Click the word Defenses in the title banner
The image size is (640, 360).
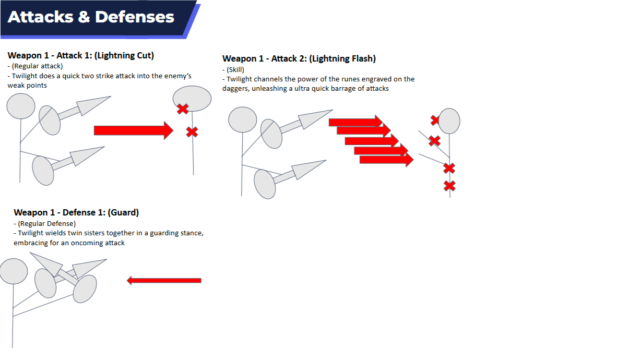pos(134,17)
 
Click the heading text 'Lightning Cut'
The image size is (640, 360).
pos(125,55)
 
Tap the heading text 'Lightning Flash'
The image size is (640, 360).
pos(342,59)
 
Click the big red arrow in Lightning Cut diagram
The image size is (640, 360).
pos(134,130)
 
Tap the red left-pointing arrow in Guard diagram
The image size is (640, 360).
pos(164,280)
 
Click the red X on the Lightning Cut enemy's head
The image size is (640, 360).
pos(183,109)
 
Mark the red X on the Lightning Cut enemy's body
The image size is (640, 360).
pos(192,132)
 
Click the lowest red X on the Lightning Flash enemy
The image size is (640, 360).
pos(449,186)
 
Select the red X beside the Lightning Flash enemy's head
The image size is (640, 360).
pos(434,120)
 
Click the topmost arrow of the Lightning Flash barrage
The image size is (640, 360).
pos(356,122)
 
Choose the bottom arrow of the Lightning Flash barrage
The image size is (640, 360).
pos(386,160)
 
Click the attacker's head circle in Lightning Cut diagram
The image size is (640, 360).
pos(21,106)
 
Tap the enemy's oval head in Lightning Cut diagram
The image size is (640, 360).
pos(192,99)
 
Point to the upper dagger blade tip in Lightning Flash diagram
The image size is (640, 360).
pos(333,110)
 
